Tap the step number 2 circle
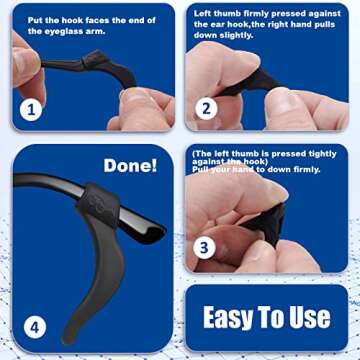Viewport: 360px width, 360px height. [206, 109]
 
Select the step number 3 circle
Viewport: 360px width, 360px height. [205, 247]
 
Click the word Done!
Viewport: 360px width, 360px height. [130, 165]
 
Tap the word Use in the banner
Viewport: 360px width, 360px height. [309, 318]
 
